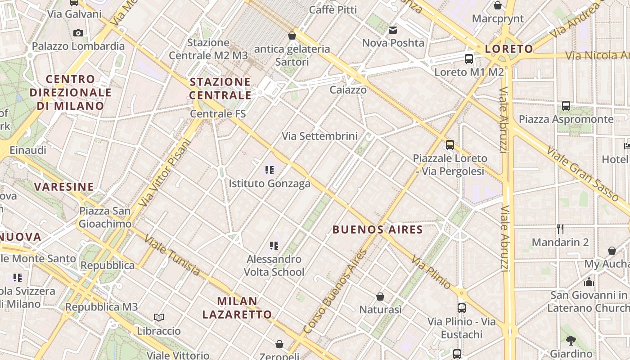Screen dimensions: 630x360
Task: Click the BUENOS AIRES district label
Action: coord(378,230)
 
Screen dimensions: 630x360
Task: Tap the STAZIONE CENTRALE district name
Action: coord(220,89)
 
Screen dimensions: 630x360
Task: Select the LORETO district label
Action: coord(509,49)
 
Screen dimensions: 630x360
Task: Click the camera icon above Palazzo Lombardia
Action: coord(78,33)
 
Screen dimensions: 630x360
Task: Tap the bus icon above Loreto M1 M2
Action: coord(469,59)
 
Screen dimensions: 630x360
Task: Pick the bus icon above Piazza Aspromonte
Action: coord(566,106)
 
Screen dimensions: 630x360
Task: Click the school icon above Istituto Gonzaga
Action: coord(270,170)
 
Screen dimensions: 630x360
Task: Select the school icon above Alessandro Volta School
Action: coord(274,246)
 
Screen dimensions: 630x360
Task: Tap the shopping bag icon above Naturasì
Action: coord(380,297)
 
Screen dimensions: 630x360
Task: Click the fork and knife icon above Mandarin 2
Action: coord(560,229)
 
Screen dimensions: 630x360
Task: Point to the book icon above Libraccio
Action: coord(158,318)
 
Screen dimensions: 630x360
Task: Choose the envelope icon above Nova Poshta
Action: coord(393,30)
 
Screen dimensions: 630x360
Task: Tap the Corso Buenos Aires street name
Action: coord(336,292)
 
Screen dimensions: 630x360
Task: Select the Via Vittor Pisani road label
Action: coord(165,173)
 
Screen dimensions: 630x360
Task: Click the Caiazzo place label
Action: coord(348,90)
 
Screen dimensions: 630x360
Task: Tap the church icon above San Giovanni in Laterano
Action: coord(589,282)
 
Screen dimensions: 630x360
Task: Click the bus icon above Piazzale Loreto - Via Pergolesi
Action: coord(450,145)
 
